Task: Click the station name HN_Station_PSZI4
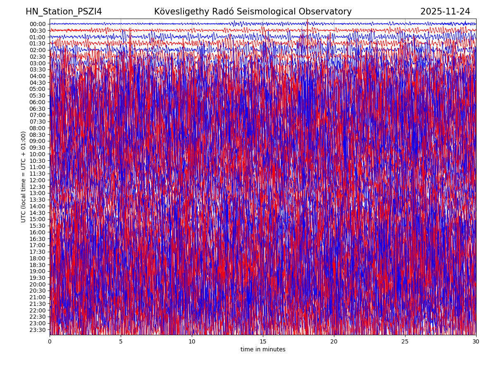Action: [x=64, y=12]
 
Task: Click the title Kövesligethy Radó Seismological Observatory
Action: [x=253, y=12]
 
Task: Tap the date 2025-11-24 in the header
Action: [x=445, y=12]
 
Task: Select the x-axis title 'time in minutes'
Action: [x=263, y=350]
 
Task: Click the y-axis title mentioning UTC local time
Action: [x=24, y=177]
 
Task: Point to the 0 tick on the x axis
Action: [x=50, y=342]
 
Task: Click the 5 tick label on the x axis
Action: [x=121, y=342]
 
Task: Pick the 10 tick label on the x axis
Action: [x=192, y=342]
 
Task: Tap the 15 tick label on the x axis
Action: [x=263, y=342]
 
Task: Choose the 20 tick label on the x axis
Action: [x=334, y=342]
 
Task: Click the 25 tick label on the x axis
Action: [x=405, y=342]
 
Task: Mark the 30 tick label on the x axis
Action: [x=476, y=342]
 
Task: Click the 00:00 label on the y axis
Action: [x=38, y=24]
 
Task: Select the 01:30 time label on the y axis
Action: [x=38, y=43]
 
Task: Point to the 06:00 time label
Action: [x=38, y=102]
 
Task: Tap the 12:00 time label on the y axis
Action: [x=38, y=180]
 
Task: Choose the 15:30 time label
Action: [x=38, y=226]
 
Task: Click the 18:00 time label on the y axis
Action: [x=38, y=258]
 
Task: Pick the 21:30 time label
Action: [x=38, y=304]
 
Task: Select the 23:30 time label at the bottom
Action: [x=38, y=330]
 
